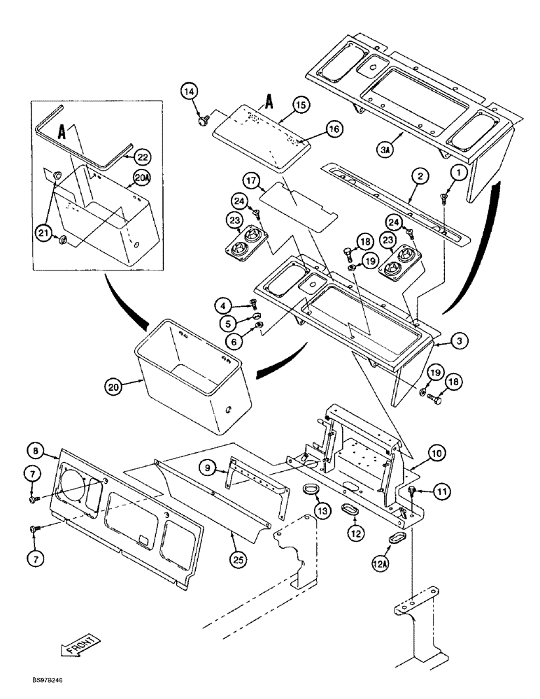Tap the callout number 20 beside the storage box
coord(114,385)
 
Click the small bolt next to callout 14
coord(204,121)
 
